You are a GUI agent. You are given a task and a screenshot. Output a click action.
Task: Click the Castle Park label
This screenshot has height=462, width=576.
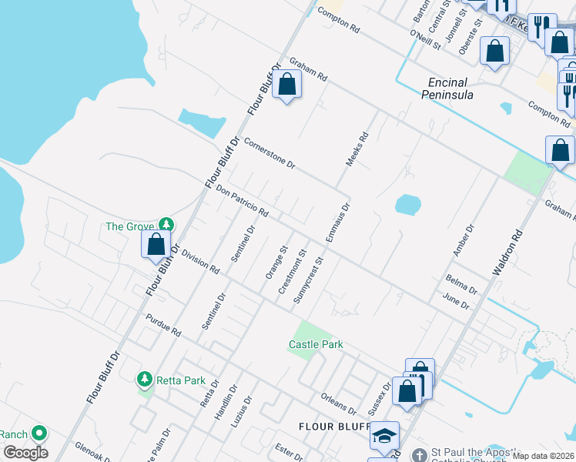point(316,344)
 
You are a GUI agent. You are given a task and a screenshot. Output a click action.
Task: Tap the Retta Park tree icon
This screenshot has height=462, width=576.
point(144,380)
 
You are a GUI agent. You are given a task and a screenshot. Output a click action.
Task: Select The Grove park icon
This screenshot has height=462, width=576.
point(166,226)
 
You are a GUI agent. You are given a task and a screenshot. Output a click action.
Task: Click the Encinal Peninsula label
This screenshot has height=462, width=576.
point(447,89)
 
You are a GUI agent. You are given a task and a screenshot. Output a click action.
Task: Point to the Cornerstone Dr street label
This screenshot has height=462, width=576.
point(270,152)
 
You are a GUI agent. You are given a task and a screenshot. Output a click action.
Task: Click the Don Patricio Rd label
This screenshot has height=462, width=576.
point(242,200)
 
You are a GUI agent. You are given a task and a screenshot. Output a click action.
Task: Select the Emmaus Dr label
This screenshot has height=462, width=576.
point(338,223)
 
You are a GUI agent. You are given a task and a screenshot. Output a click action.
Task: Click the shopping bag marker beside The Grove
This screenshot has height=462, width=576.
point(156,246)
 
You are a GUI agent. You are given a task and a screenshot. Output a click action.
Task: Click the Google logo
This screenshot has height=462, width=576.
point(25,452)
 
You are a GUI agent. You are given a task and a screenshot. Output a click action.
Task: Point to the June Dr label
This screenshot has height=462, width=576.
point(456,300)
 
